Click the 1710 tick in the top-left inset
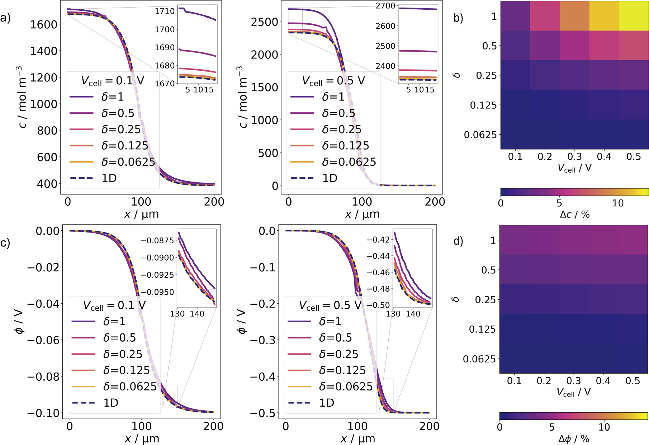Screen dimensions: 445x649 click(x=165, y=11)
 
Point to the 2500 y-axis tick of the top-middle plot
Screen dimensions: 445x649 click(x=264, y=22)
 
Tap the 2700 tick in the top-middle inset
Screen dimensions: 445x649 click(x=385, y=6)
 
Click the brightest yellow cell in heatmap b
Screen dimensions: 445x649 click(x=634, y=16)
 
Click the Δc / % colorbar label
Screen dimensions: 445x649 click(x=574, y=215)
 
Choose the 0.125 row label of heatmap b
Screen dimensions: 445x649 click(x=483, y=105)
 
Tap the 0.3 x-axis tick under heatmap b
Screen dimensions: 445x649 click(x=574, y=157)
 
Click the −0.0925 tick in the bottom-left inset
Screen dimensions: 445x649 click(x=157, y=275)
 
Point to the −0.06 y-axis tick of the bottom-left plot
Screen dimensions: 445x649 click(x=43, y=340)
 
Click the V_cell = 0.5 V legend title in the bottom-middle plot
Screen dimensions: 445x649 click(x=330, y=305)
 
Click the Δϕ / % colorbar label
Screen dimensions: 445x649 click(x=573, y=439)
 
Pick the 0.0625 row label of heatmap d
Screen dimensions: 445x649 click(x=479, y=359)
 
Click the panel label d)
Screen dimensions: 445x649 click(x=458, y=241)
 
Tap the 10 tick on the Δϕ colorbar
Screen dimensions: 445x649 click(x=604, y=427)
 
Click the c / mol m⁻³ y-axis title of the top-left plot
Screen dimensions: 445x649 click(x=22, y=97)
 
